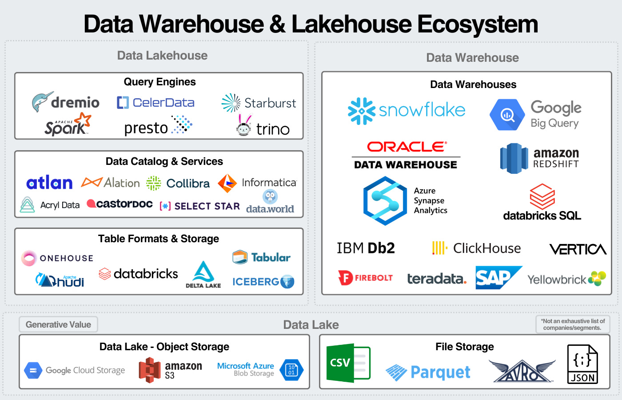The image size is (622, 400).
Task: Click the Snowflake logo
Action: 406,111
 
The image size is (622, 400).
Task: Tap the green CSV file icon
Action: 348,363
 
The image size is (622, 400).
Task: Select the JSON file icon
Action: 582,364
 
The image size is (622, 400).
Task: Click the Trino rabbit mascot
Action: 243,126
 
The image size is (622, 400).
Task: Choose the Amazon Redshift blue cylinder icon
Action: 514,158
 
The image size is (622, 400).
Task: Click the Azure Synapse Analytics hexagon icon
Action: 385,201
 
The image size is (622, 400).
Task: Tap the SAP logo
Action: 498,278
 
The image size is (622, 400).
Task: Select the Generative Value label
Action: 58,324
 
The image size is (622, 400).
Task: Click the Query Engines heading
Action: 159,82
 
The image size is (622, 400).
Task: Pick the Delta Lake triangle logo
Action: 203,272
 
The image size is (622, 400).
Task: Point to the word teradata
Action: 436,279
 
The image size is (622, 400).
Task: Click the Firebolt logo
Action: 365,278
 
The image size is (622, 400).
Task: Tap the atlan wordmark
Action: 49,183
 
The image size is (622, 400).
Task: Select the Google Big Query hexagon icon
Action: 507,115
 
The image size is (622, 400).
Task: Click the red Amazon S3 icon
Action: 149,370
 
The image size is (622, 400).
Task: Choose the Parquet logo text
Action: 440,372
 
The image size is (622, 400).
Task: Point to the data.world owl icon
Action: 270,196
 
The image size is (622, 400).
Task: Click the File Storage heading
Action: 464,347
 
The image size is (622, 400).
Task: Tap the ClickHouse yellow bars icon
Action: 439,248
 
